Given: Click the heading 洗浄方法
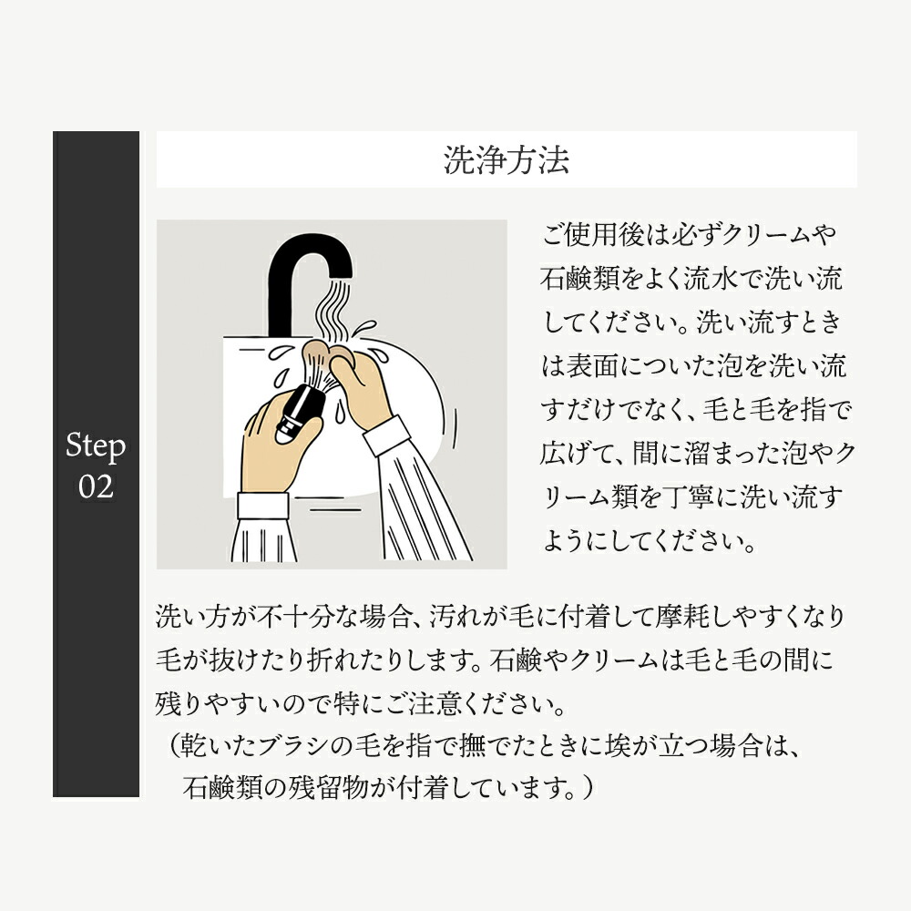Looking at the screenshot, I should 507,160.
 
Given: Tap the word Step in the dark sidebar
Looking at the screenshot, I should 96,446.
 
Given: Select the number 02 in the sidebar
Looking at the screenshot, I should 96,486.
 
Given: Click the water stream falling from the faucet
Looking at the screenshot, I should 333,310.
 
